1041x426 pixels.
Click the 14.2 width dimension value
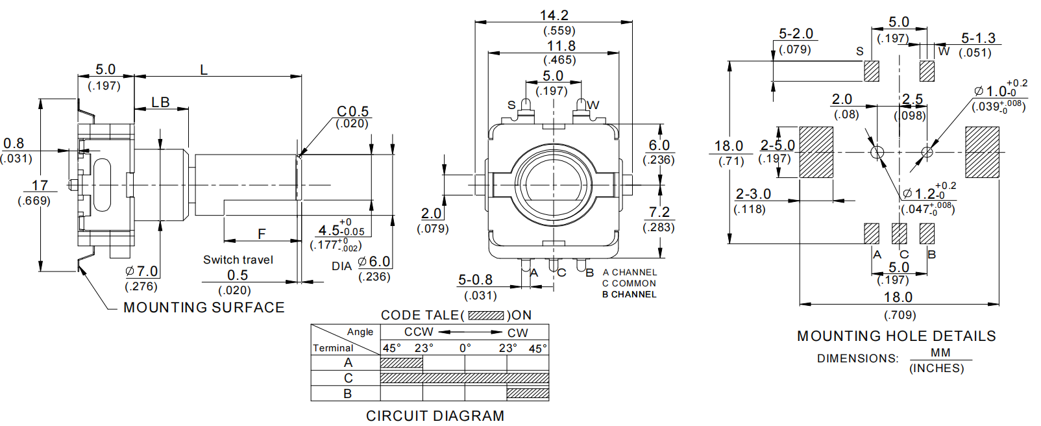click(554, 15)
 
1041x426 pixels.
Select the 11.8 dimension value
click(561, 46)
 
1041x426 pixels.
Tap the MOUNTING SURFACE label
click(204, 307)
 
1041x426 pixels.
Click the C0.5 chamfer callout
click(352, 112)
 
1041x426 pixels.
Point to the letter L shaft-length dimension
click(204, 69)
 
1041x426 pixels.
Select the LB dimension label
click(160, 102)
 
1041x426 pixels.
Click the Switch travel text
click(238, 260)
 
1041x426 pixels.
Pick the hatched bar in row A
click(401, 363)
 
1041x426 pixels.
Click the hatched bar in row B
click(528, 394)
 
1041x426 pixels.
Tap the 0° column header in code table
click(465, 348)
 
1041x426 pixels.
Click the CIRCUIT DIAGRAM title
click(435, 416)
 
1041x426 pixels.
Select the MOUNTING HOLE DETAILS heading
click(896, 336)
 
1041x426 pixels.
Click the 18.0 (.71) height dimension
click(729, 146)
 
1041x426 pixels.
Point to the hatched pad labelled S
click(872, 71)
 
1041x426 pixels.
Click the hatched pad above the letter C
click(899, 233)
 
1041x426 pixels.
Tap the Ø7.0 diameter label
click(142, 271)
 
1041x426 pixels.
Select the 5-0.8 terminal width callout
click(475, 280)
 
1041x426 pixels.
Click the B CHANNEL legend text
click(629, 294)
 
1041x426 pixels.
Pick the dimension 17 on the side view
click(40, 186)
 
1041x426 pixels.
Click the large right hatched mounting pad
click(982, 153)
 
